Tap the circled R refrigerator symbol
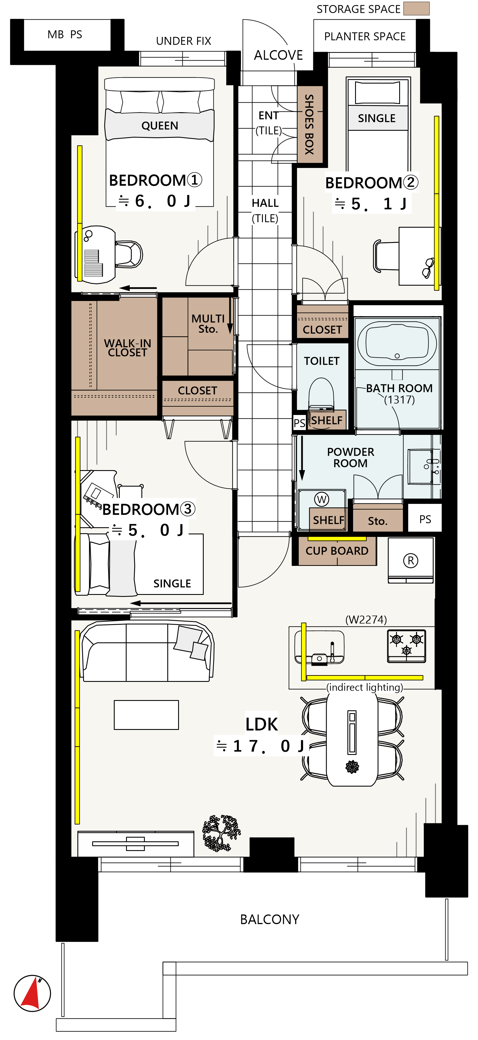click(411, 561)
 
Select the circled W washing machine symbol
click(322, 499)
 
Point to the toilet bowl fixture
click(321, 394)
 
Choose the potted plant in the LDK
click(221, 833)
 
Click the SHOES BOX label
click(309, 124)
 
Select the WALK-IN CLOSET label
click(127, 348)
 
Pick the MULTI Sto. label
click(208, 323)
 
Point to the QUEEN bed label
click(160, 126)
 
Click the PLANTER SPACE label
click(365, 36)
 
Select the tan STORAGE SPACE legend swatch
click(417, 9)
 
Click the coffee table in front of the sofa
click(146, 715)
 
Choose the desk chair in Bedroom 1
click(129, 254)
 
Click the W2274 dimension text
click(366, 619)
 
